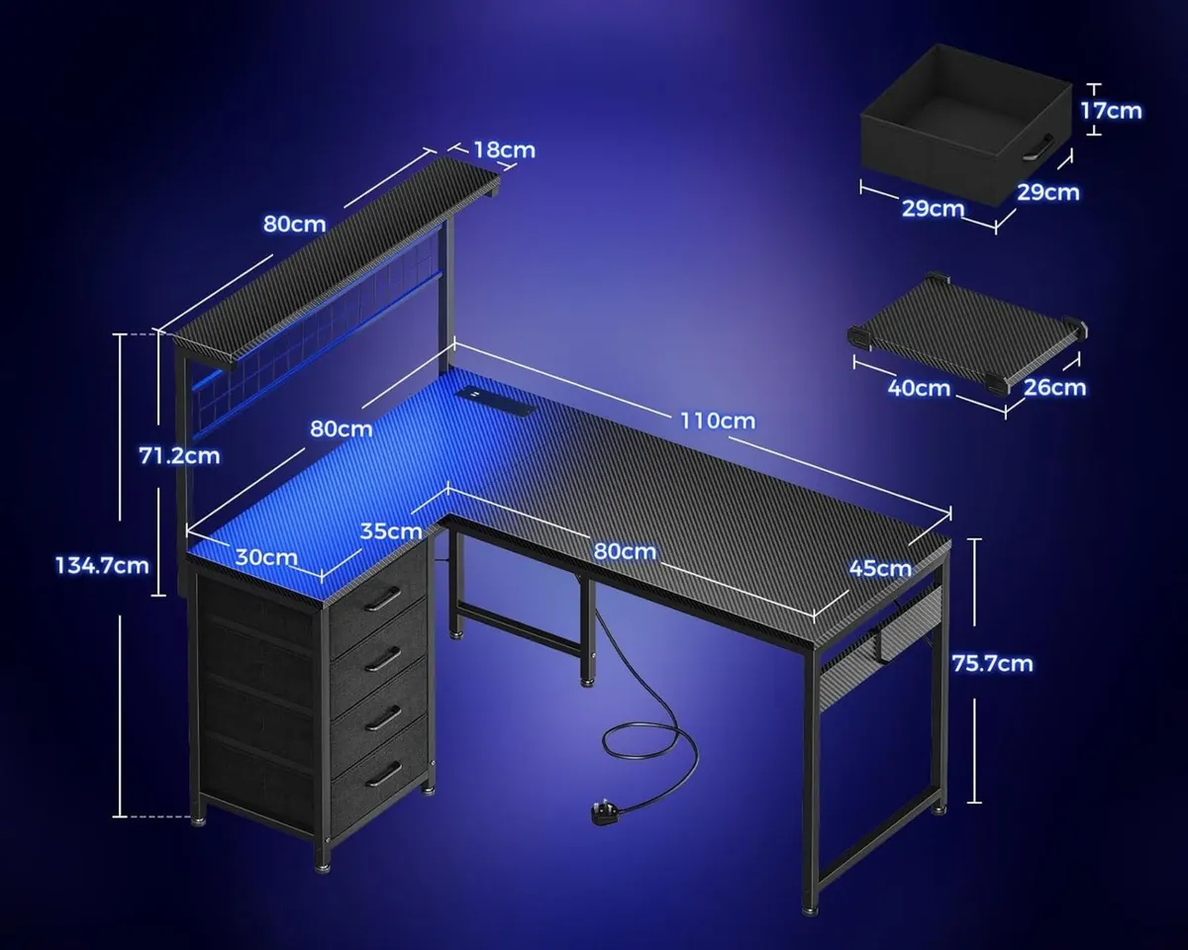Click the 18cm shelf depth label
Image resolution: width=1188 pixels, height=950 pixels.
504,150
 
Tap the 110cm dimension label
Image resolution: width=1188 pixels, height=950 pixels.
717,421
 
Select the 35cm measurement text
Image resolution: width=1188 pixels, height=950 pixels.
391,530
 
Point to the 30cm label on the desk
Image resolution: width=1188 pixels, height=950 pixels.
266,557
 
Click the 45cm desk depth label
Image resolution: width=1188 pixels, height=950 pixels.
880,568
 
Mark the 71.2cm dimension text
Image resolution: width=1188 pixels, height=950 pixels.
178,455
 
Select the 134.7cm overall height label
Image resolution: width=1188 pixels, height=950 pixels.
103,565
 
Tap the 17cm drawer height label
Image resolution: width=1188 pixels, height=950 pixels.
1110,110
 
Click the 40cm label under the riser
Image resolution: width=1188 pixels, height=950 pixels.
919,388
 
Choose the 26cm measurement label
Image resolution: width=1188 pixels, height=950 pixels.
1055,387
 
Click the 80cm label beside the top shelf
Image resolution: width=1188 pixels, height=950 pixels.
294,224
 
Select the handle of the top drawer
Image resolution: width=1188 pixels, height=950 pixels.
383,597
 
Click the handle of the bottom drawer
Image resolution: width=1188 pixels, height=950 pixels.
383,773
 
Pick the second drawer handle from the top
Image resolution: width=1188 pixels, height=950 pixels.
383,656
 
